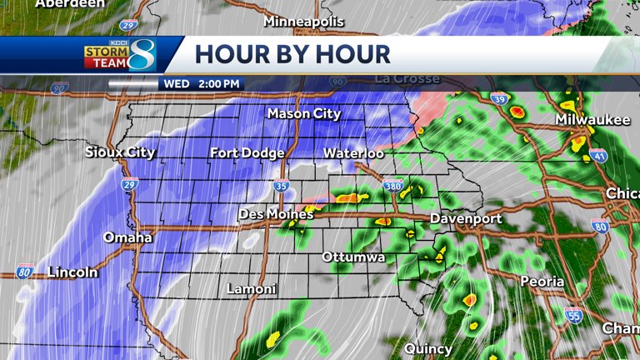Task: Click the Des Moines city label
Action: tap(276, 214)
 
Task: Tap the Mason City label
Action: tap(303, 113)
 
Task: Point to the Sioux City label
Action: tap(120, 152)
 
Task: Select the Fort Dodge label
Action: tap(247, 152)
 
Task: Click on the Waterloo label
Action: tap(353, 153)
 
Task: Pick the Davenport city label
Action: tap(466, 218)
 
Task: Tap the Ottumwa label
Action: tap(353, 257)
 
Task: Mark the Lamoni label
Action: tap(252, 289)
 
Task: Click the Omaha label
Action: tap(127, 237)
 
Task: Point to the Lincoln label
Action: tap(72, 272)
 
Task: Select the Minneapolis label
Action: tap(303, 21)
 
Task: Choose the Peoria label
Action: tap(542, 282)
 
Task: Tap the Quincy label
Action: tap(428, 348)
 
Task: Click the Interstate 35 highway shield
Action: tap(282, 186)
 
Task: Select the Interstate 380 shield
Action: tap(392, 186)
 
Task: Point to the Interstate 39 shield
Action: tap(498, 99)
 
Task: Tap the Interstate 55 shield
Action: tap(572, 314)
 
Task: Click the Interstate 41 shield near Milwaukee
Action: tap(600, 156)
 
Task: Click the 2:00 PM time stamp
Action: tap(218, 84)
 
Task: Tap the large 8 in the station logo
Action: tap(142, 55)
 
